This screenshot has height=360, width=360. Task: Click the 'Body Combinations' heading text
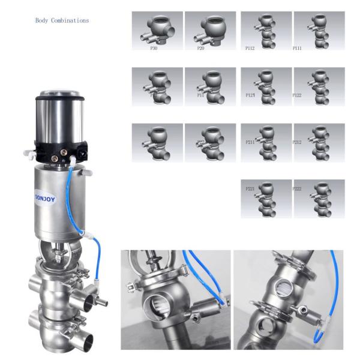62,21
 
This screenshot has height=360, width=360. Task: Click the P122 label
297,95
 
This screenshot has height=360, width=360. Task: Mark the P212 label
297,142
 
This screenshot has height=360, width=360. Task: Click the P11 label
201,95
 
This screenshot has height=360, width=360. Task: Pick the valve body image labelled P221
266,198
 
